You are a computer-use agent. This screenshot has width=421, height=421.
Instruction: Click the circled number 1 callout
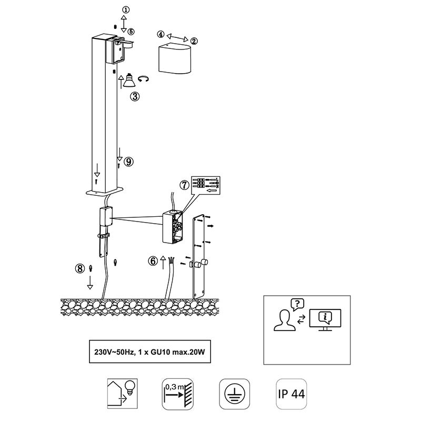click(x=126, y=10)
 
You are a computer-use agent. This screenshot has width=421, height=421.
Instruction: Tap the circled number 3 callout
click(x=135, y=96)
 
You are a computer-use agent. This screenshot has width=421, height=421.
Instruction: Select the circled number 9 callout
click(x=128, y=162)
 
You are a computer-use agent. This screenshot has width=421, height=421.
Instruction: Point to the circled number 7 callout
click(x=185, y=185)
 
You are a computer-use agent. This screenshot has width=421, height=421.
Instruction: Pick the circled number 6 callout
click(x=153, y=261)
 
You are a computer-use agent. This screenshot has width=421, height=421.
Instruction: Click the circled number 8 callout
click(x=80, y=268)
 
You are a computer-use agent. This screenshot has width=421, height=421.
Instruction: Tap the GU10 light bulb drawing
click(x=129, y=81)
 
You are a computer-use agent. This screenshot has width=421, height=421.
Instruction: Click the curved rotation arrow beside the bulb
click(x=143, y=79)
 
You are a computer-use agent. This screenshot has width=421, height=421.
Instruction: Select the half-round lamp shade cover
click(x=175, y=57)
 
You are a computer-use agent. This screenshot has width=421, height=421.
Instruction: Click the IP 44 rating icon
click(x=292, y=394)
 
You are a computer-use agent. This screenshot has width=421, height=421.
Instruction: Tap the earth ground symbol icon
click(x=234, y=394)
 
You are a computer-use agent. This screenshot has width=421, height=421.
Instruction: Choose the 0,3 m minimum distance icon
click(x=177, y=394)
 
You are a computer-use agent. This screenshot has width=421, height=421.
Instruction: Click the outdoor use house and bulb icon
click(x=123, y=394)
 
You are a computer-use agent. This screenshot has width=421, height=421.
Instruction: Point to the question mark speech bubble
click(x=297, y=304)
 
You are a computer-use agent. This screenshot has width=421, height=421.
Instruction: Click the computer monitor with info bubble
click(x=325, y=320)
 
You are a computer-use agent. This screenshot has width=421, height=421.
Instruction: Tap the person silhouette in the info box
click(x=285, y=320)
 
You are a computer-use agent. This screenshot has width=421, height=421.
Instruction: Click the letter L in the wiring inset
click(x=217, y=179)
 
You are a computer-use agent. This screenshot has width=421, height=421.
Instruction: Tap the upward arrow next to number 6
click(x=163, y=263)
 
